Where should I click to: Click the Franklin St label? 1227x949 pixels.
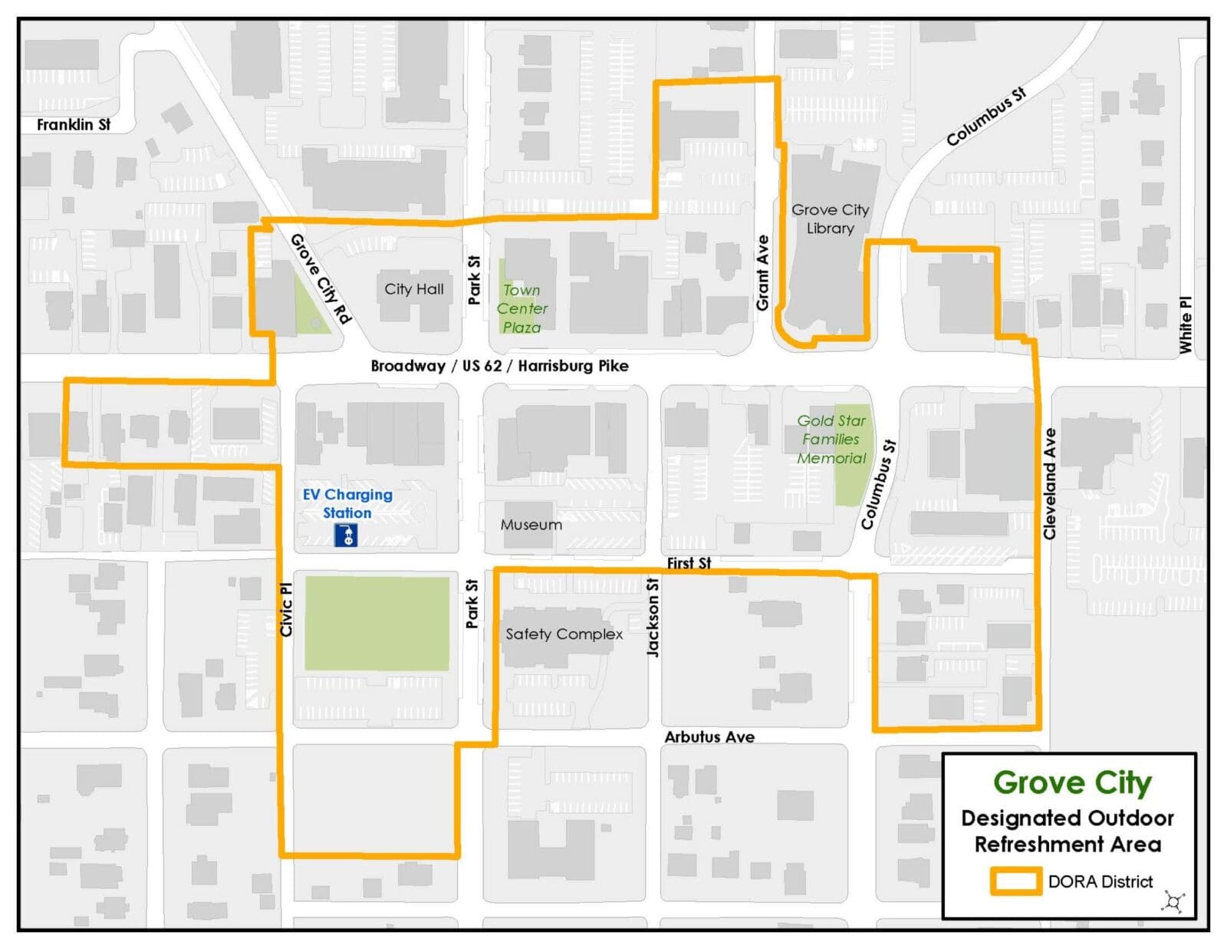74,124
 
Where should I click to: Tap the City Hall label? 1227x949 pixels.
413,289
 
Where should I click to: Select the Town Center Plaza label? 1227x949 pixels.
521,308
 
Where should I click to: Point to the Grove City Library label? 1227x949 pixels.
830,219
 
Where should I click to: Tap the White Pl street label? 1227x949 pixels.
1186,325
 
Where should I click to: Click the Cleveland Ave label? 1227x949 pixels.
1050,483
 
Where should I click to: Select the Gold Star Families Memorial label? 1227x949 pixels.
831,439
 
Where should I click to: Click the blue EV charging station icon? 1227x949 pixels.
346,535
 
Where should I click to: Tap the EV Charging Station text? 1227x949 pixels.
347,503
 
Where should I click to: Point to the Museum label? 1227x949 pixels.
531,525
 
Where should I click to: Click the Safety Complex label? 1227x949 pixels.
564,634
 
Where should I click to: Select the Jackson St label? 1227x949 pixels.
653,617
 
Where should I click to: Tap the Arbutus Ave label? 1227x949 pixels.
709,736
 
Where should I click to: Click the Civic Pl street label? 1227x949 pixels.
286,609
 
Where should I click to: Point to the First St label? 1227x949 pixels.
689,563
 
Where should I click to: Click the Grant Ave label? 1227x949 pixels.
762,272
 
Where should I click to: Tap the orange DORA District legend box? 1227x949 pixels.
1015,881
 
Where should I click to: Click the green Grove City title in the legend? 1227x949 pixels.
1072,783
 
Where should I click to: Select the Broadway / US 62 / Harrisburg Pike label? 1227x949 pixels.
499,366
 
